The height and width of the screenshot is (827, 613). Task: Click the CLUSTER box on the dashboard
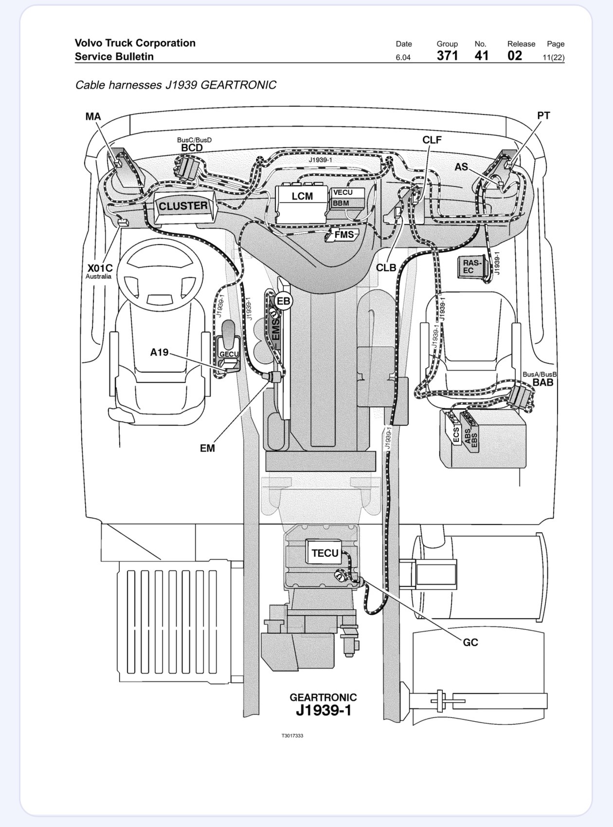(x=183, y=207)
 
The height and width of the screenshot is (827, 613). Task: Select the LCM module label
(x=302, y=196)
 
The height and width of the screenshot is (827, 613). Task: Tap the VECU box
(x=347, y=193)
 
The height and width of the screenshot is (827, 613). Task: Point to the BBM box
(x=347, y=203)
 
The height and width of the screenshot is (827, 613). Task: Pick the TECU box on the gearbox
(x=325, y=553)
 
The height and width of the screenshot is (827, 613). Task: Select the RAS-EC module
(x=472, y=266)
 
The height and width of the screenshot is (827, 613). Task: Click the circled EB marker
(x=283, y=301)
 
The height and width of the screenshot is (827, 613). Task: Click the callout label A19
(x=159, y=352)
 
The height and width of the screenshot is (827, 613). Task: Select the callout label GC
(x=470, y=642)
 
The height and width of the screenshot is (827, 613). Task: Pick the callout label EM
(x=207, y=448)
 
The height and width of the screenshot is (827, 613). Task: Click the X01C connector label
(x=100, y=268)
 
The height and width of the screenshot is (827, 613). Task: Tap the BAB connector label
(x=543, y=382)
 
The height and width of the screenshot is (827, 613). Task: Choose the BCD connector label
(x=192, y=148)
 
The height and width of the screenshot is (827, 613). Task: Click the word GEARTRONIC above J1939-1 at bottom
(x=323, y=697)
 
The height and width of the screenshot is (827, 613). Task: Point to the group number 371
(x=448, y=56)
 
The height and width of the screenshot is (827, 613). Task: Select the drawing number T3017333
(x=292, y=736)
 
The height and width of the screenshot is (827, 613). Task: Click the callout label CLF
(x=432, y=140)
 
